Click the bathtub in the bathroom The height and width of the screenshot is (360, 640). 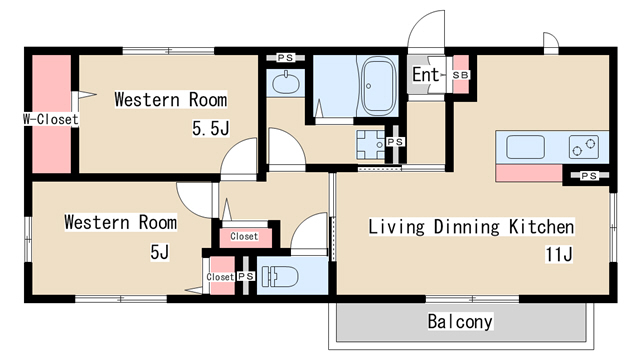[379, 86]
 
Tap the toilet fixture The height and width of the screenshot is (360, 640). [280, 276]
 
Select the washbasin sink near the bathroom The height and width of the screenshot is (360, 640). [286, 83]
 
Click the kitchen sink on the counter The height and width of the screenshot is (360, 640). [525, 147]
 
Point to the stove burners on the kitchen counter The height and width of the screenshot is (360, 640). [584, 147]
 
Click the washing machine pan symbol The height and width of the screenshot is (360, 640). [370, 144]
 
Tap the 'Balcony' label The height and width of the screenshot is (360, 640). [460, 322]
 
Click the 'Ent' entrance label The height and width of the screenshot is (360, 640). [425, 75]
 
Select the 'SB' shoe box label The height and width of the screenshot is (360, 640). [461, 75]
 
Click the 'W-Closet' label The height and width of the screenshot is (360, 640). [51, 119]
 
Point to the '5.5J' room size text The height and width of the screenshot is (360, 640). [211, 128]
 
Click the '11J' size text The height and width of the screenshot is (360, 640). [559, 254]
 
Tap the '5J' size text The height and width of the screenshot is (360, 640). [160, 252]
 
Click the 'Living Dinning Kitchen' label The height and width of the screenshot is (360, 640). [471, 227]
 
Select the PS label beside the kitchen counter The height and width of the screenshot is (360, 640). [589, 176]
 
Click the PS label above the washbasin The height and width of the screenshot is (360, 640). [285, 58]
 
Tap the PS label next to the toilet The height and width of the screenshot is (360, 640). [246, 276]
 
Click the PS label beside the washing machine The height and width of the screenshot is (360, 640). [395, 142]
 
